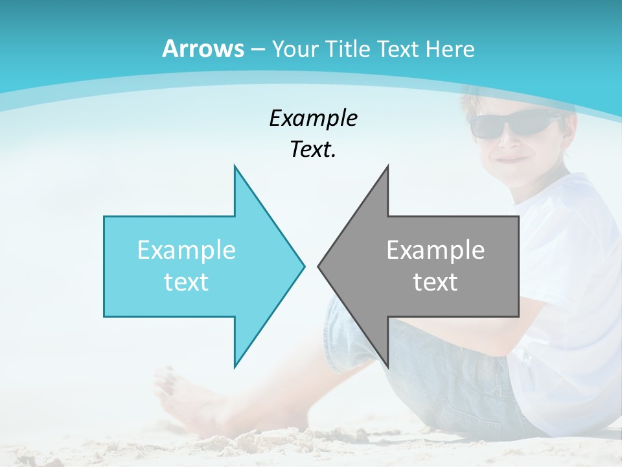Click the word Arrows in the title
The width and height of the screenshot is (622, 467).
pyautogui.click(x=203, y=49)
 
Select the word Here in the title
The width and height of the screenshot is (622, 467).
pyautogui.click(x=450, y=49)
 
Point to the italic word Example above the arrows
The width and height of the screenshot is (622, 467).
pyautogui.click(x=313, y=118)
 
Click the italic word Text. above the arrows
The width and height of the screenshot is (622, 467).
pyautogui.click(x=313, y=149)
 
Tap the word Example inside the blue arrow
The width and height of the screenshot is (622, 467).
pyautogui.click(x=187, y=250)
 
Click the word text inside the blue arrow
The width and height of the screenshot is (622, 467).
pyautogui.click(x=187, y=282)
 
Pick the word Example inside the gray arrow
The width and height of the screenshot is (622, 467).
pyautogui.click(x=435, y=250)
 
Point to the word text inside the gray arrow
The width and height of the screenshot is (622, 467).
pyautogui.click(x=435, y=282)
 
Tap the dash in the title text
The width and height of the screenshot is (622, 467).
pyautogui.click(x=257, y=49)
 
